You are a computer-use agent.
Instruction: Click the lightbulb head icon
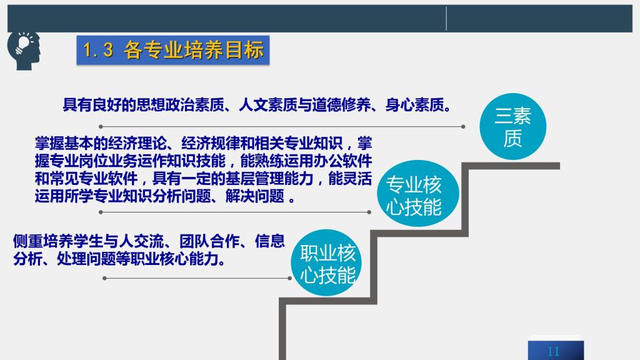coord(24,50)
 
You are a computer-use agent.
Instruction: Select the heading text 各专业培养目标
coord(194,50)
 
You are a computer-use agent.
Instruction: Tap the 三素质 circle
coord(512,126)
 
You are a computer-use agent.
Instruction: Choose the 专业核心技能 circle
coord(417,194)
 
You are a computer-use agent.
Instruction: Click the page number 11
coord(554,351)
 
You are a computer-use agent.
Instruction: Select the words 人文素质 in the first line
coord(267,105)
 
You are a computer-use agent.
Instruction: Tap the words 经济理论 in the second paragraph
coord(137,143)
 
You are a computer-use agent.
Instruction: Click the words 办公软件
coord(342,161)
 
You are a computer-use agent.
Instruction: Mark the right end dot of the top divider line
coord(463,126)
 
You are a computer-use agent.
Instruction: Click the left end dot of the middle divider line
coord(101,212)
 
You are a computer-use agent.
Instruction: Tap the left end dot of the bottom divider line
coord(105,278)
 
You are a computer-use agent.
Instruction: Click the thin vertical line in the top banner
coord(446,19)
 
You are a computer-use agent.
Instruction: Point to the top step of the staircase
coord(511,166)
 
